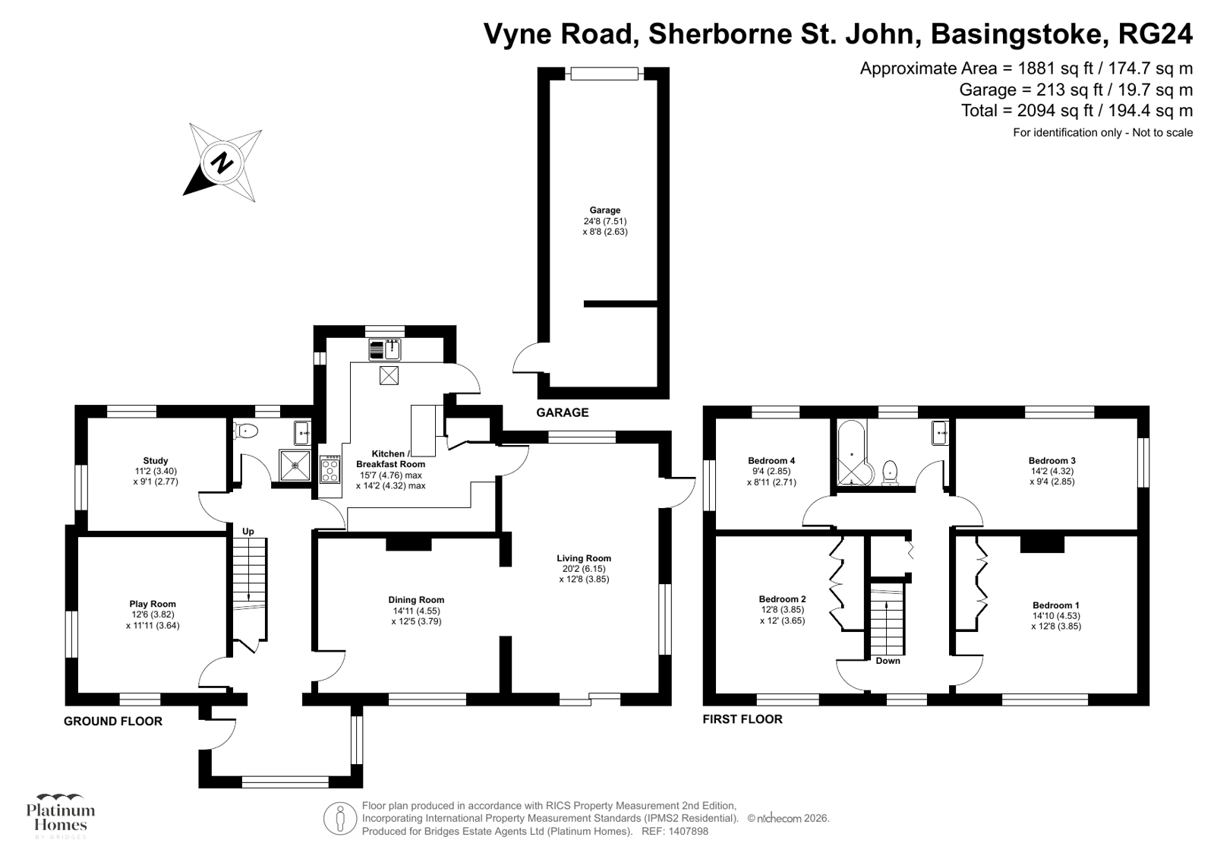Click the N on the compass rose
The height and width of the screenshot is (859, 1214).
[x=222, y=163]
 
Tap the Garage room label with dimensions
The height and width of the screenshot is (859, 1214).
[x=605, y=221]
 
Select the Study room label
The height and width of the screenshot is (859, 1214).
[x=156, y=471]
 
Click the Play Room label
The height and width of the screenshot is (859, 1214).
[x=153, y=614]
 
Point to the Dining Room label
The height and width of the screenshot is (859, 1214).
[x=416, y=610]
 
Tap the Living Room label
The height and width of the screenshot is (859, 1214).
[x=583, y=568]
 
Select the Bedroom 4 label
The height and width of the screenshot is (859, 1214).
[x=771, y=471]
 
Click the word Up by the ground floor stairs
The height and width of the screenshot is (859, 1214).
[x=248, y=531]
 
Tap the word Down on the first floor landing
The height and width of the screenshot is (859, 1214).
[x=888, y=661]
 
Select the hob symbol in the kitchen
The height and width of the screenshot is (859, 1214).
[x=330, y=470]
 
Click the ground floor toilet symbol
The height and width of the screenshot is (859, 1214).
[x=248, y=431]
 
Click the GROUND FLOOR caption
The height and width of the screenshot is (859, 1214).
[x=113, y=721]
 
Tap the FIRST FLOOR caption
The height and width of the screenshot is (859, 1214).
[x=742, y=718]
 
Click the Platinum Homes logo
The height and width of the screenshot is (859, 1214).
[x=61, y=815]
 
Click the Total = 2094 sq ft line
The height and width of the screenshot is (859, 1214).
[x=1077, y=111]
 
